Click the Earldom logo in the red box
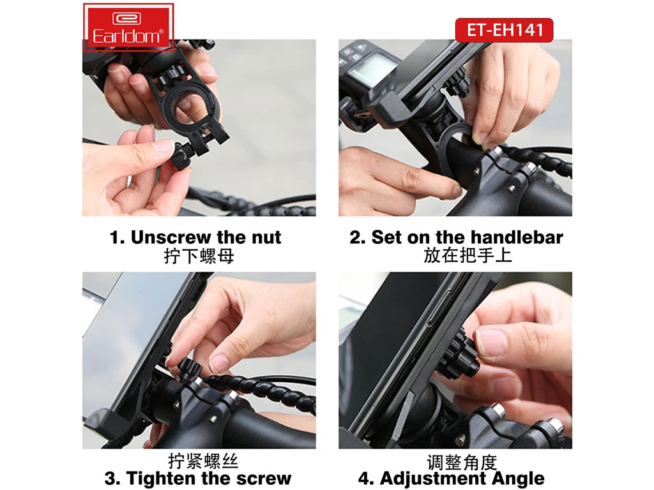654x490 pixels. [128, 27]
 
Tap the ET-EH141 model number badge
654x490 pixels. [505, 30]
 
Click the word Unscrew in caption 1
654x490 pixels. [171, 237]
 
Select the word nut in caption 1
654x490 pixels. [266, 237]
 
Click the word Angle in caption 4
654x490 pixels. [518, 479]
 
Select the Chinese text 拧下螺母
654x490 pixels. [199, 256]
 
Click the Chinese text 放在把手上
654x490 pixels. [468, 255]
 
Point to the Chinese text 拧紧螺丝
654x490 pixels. [203, 461]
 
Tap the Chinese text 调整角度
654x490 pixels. [462, 462]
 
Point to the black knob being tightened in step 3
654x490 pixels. [189, 369]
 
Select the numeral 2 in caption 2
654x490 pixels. [357, 237]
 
